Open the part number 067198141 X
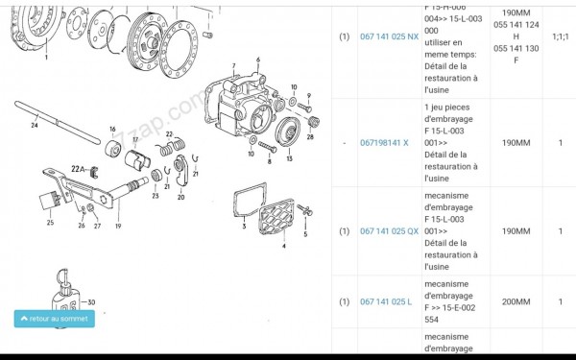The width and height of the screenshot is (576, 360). tap(384, 142)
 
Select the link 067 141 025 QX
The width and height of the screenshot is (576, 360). tap(389, 231)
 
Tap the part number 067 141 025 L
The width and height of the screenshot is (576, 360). tap(386, 301)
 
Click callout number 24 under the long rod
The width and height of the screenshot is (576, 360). tap(34, 124)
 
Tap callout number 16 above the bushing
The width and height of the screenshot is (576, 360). tap(112, 129)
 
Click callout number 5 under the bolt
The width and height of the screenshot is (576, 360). tap(305, 232)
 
